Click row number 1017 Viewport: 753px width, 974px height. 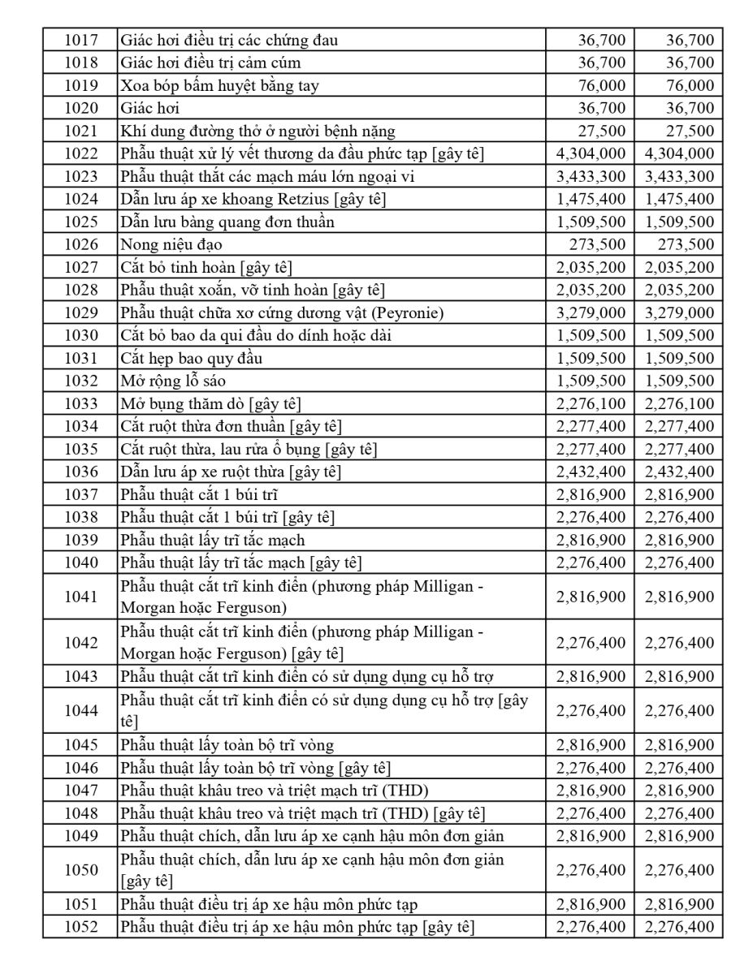coord(80,40)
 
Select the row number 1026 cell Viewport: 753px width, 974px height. coord(80,244)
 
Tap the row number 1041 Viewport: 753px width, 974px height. coord(80,597)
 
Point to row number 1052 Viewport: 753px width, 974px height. coord(80,927)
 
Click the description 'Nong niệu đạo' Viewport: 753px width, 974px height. coord(171,244)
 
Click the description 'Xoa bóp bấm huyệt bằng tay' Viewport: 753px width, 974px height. coord(219,85)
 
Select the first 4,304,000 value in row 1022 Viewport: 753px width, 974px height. coord(591,153)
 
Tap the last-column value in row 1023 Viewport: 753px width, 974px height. coord(679,176)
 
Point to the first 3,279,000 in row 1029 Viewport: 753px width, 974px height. coord(591,312)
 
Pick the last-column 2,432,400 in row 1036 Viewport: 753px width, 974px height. coord(679,472)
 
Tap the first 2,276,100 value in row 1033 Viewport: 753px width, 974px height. coord(591,403)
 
